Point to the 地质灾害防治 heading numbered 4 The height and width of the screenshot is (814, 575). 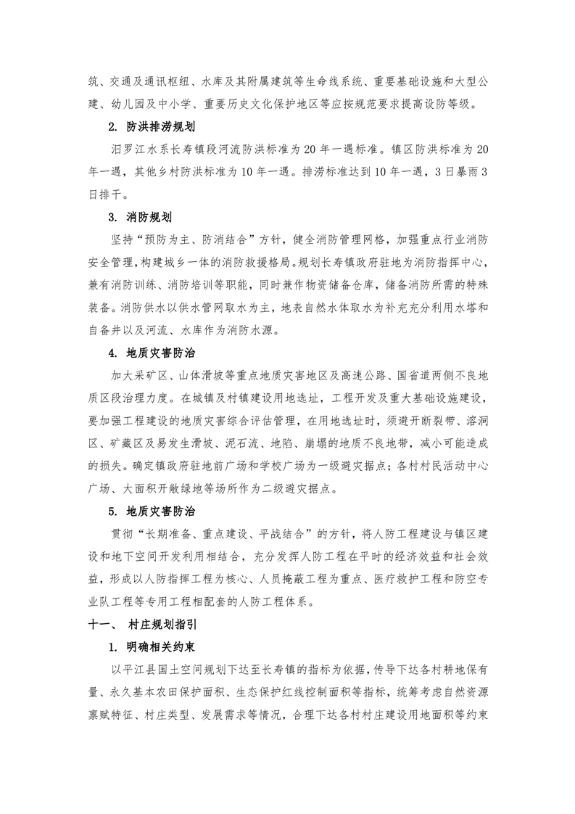coord(159,353)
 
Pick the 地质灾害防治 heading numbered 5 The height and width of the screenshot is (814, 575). coord(159,512)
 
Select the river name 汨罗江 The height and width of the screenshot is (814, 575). coord(121,150)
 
